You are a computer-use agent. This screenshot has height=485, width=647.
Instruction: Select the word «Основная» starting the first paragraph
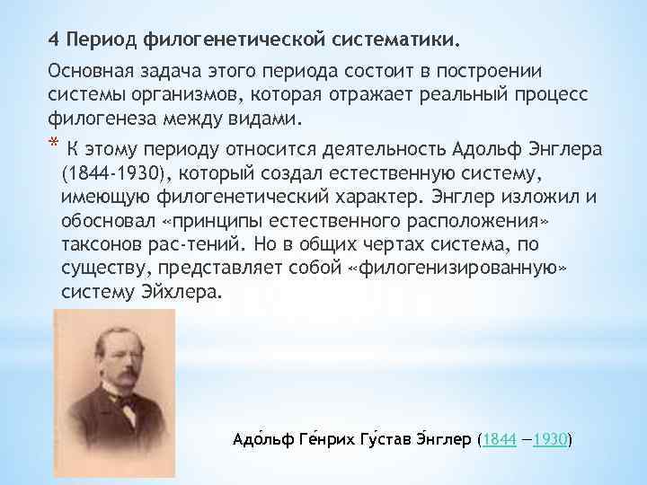point(87,71)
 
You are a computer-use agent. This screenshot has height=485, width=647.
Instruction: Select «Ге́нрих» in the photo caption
point(314,439)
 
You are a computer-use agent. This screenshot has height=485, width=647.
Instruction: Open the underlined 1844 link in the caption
point(499,439)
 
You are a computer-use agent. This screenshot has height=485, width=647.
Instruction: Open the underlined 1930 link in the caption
point(549,439)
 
